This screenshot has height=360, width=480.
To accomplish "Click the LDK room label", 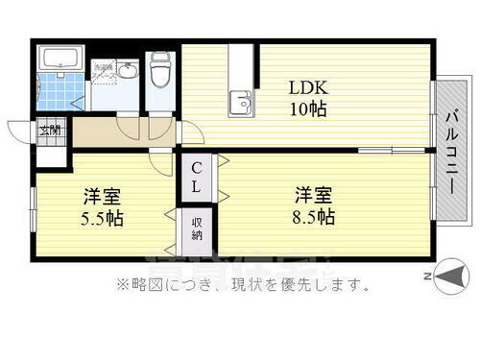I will coord(308,86).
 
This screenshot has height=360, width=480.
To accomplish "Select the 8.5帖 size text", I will coord(313,217).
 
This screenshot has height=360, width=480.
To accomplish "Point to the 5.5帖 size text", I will coord(102,218).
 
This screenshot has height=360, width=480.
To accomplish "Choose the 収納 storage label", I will coord(196,229).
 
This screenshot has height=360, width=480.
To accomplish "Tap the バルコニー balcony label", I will coord(448,155).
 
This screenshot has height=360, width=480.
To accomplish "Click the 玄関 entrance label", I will coord(48,130).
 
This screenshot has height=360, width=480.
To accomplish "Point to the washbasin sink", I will coord(128,69).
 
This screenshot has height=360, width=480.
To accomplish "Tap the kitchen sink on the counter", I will coord(240,100).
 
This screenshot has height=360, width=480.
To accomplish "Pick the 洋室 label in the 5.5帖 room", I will coord(102,197).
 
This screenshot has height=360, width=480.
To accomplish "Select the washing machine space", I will coord(102,71).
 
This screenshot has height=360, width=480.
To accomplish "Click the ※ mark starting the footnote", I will coord(122,284).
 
